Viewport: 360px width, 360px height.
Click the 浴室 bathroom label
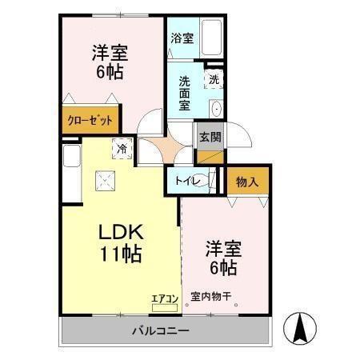click(182, 38)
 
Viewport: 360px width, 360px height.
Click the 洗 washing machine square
click(214, 80)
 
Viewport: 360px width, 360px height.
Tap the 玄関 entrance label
click(210, 137)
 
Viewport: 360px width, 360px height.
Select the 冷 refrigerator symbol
click(122, 148)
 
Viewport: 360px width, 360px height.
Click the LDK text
click(120, 233)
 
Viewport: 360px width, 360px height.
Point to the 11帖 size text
click(121, 255)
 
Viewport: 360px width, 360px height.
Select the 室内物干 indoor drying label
click(210, 298)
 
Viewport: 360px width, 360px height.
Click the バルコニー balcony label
click(160, 330)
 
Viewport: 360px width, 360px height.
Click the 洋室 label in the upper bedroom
click(110, 54)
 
